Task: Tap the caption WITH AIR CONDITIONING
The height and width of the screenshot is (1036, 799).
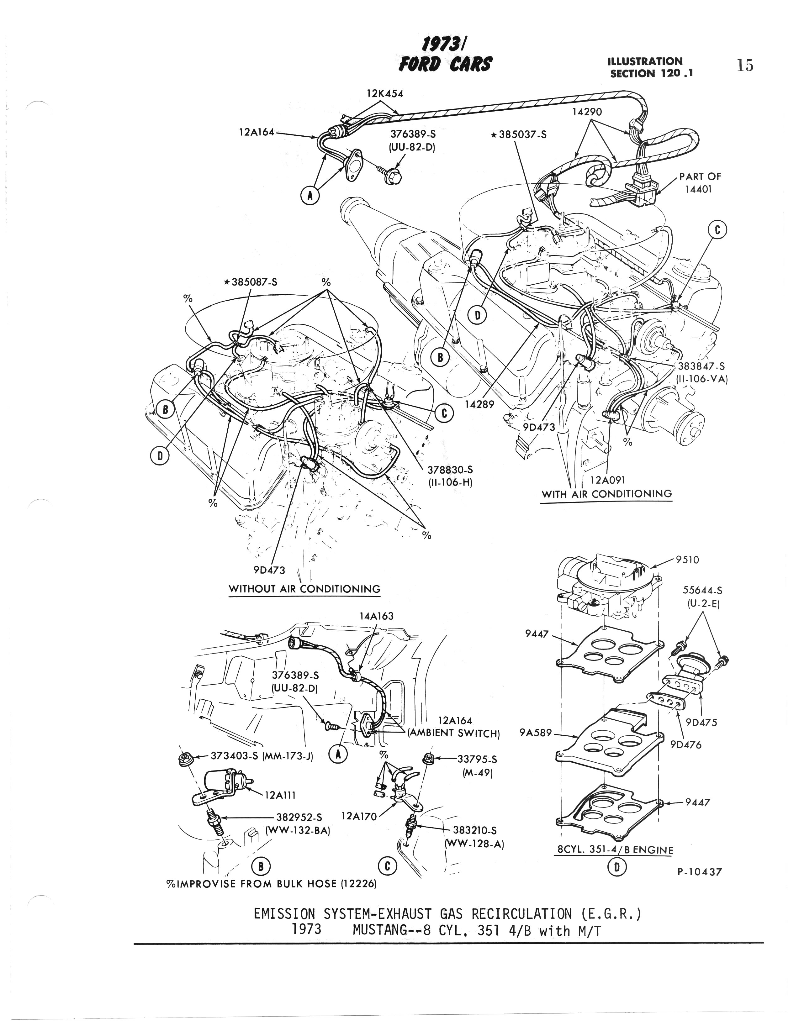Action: coord(606,494)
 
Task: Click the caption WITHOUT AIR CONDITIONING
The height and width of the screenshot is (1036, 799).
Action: coord(304,589)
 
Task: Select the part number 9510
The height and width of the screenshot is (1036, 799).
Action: coord(687,560)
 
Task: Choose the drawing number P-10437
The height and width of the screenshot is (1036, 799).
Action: coord(699,871)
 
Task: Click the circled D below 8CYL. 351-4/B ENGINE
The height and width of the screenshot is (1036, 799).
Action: coord(617,867)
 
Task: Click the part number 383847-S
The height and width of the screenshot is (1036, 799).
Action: coord(701,367)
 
